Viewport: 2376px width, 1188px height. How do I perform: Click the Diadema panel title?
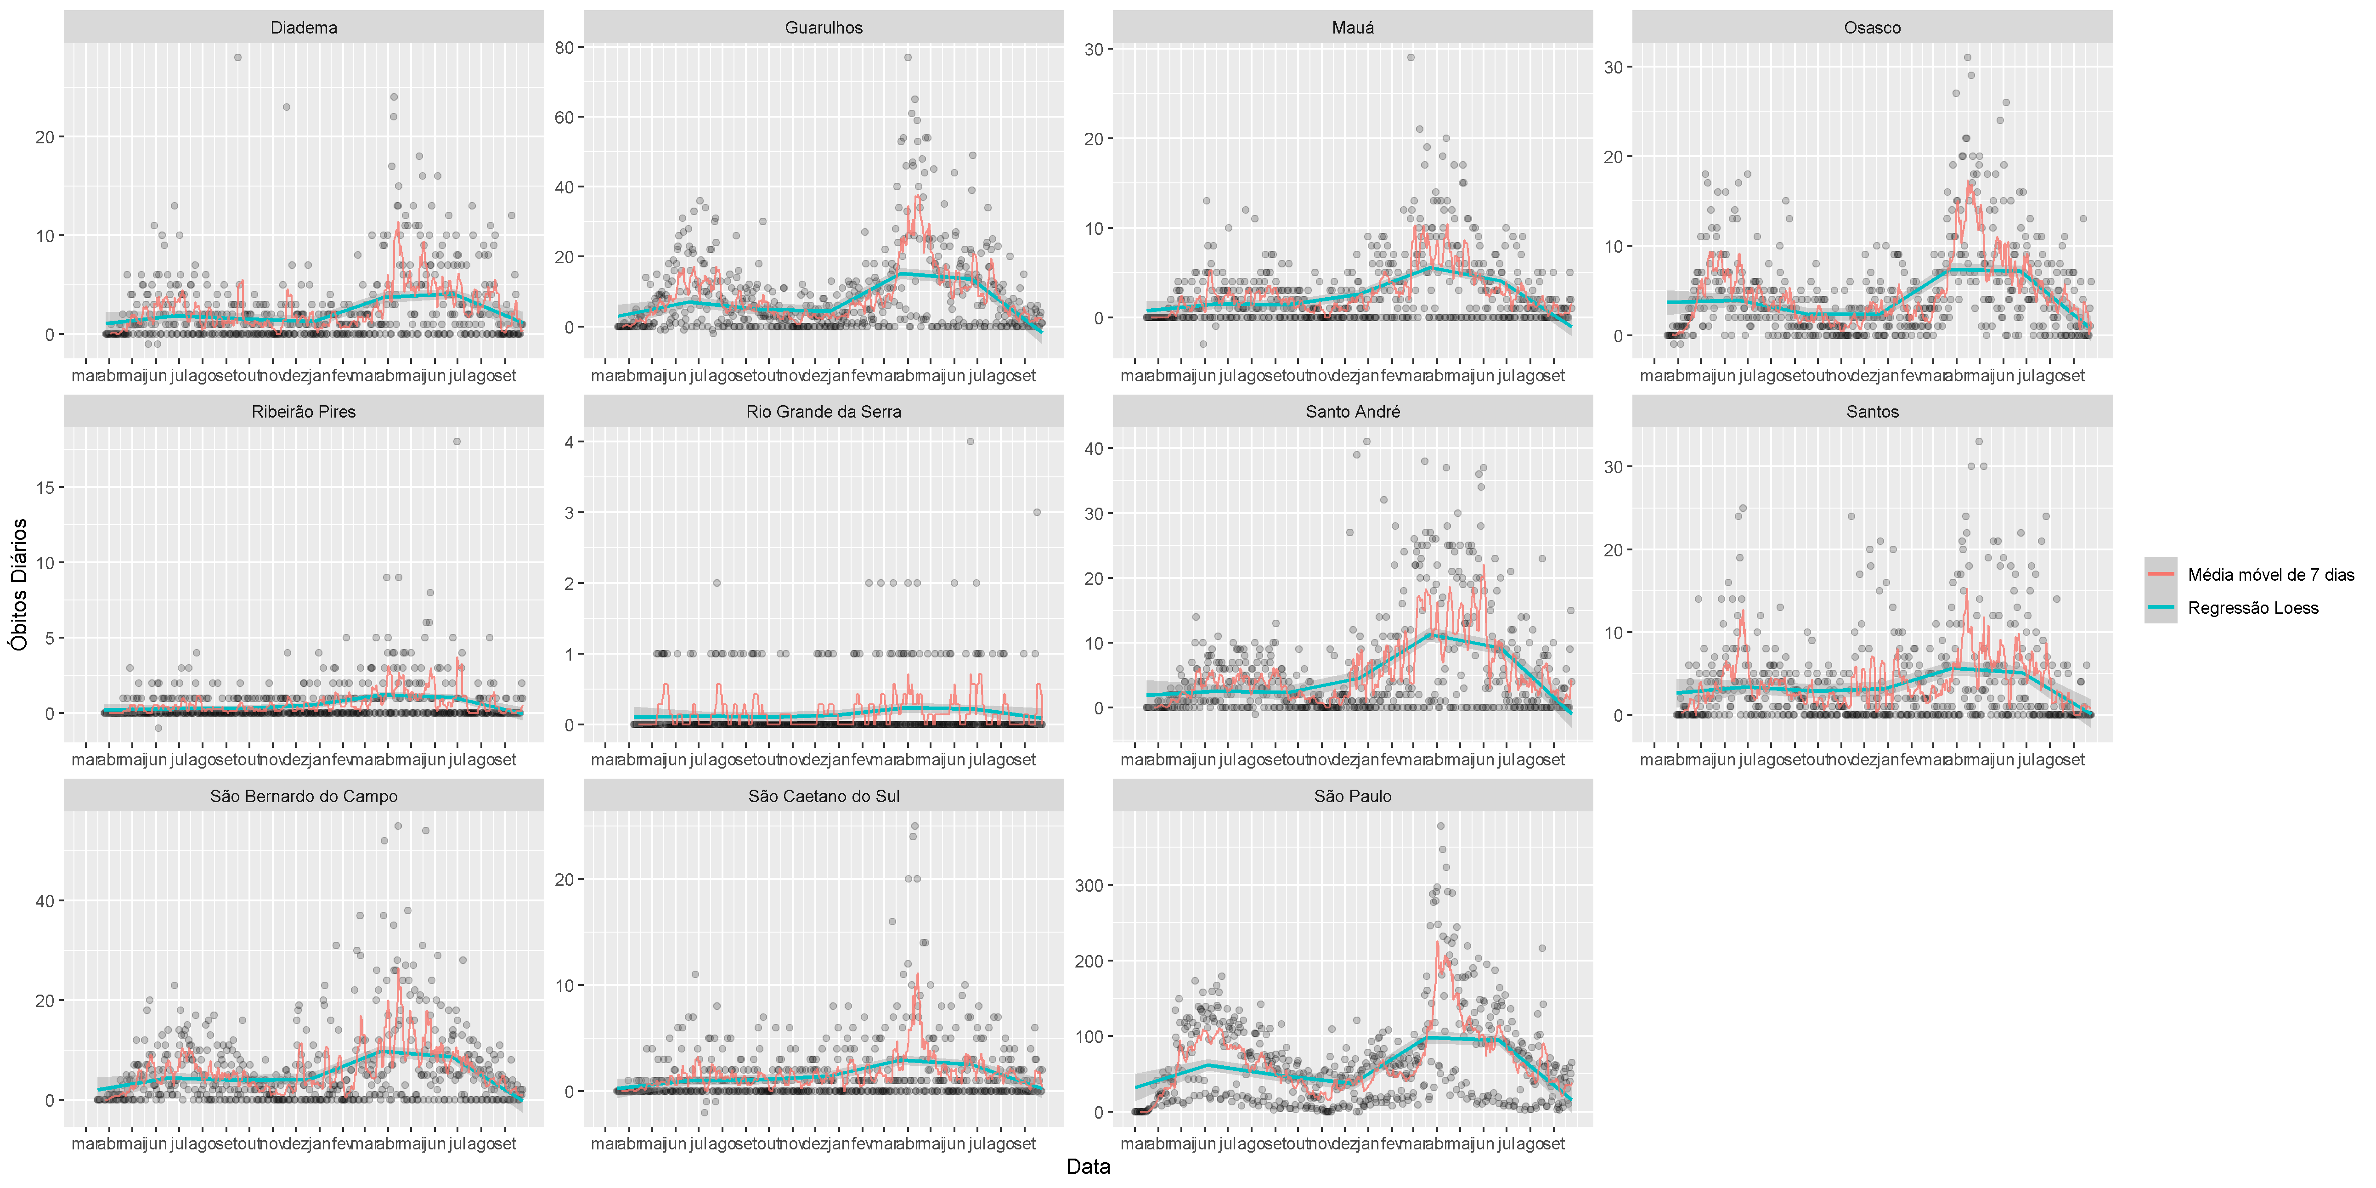[304, 28]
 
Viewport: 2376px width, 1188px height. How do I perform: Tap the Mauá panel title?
[1352, 28]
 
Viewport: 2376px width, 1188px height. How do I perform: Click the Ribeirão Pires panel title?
[304, 411]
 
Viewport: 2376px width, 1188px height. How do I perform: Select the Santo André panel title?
[1352, 411]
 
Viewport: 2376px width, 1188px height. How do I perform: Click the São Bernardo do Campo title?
[304, 796]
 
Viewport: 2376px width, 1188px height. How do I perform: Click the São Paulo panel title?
[1352, 796]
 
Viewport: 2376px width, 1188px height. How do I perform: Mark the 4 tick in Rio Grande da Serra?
[569, 442]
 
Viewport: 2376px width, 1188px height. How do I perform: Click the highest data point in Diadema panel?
[238, 57]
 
